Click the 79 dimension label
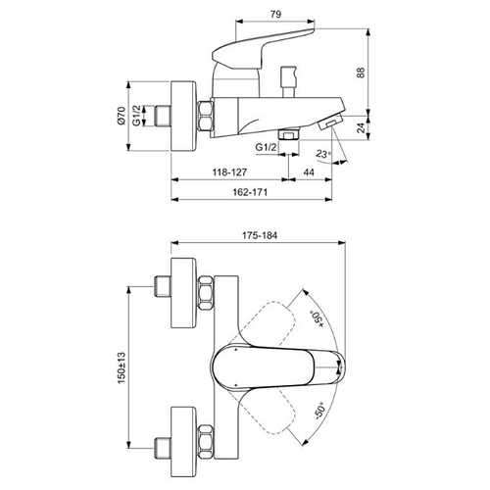[276, 14]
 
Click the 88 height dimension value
[360, 73]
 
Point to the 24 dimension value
[361, 127]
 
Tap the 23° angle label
[323, 154]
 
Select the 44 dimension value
[309, 172]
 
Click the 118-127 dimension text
[229, 172]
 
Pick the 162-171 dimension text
[250, 192]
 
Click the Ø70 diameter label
[121, 116]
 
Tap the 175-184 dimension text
[260, 235]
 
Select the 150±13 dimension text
[122, 367]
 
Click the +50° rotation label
[317, 318]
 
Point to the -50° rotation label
[319, 411]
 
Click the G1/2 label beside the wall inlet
[137, 116]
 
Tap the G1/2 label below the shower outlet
[266, 147]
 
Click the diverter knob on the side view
[289, 81]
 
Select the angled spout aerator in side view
[330, 121]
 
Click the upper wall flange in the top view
[184, 293]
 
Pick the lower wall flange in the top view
[184, 442]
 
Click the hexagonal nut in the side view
[206, 117]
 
